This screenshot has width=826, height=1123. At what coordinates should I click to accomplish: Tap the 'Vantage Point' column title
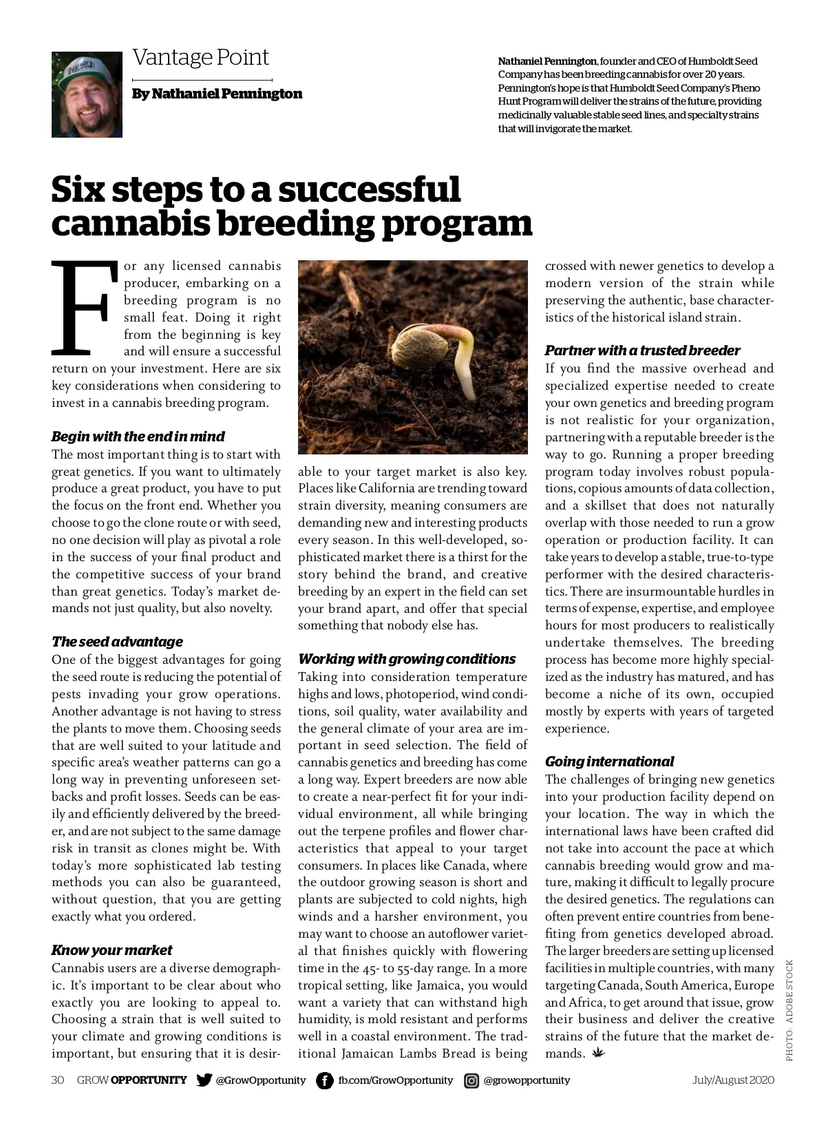[200, 57]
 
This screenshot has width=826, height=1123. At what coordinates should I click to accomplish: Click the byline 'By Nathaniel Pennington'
[217, 94]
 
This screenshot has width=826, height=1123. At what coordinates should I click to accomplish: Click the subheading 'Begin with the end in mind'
[138, 437]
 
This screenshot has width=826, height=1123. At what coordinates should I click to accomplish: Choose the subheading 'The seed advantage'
[117, 642]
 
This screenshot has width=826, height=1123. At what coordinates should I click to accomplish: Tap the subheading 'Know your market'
[112, 950]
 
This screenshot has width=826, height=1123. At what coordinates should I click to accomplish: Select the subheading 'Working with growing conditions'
[407, 659]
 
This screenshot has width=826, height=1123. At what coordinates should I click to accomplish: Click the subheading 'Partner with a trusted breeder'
[642, 350]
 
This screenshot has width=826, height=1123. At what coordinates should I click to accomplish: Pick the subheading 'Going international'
[609, 762]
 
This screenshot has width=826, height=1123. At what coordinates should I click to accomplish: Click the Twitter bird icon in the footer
[204, 1080]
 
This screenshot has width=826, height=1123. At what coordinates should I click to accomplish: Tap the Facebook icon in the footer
[324, 1080]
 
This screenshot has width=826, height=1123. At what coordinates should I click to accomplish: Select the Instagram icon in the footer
[472, 1080]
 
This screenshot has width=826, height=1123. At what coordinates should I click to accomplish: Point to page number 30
[58, 1080]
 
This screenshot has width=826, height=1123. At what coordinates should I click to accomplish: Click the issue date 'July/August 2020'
[733, 1080]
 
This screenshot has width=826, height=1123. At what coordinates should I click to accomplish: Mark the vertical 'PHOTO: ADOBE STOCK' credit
[790, 1009]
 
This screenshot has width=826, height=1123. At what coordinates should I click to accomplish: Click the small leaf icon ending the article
[597, 1053]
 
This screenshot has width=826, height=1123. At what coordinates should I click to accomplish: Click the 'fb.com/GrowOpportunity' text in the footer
[395, 1080]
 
